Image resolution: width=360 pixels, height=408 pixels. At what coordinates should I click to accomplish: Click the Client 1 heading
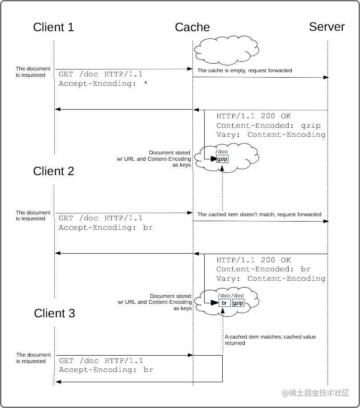[53, 27]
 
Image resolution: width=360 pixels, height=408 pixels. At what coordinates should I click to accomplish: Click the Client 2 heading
[53, 171]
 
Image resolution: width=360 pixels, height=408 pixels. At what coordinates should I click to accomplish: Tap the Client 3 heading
[54, 313]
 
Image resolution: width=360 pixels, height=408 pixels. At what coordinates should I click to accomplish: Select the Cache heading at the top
[192, 27]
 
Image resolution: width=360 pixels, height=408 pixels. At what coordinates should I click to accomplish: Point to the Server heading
[327, 27]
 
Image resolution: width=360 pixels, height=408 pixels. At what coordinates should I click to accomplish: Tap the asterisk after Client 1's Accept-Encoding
[145, 83]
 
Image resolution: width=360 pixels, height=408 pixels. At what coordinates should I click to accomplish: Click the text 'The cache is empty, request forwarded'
[244, 70]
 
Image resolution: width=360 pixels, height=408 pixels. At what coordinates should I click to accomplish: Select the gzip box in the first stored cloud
[223, 159]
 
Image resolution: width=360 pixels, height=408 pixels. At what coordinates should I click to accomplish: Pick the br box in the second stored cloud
[224, 303]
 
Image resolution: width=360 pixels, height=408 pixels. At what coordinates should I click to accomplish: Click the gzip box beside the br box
[238, 303]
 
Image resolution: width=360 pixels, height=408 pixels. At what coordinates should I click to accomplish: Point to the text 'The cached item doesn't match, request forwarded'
[259, 214]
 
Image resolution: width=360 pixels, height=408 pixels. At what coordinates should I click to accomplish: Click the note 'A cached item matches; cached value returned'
[270, 340]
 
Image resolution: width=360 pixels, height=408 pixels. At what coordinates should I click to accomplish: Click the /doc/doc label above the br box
[230, 295]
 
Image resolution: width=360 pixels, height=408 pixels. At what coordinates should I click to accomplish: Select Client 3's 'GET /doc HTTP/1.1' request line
[101, 361]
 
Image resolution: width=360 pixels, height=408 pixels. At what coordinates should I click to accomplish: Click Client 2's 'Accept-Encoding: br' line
[106, 227]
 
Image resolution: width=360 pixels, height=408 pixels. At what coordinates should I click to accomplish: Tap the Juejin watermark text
[316, 393]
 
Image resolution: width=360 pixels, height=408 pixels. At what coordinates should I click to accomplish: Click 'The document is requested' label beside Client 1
[31, 72]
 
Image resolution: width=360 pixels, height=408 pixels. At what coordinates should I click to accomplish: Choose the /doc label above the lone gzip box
[222, 152]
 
